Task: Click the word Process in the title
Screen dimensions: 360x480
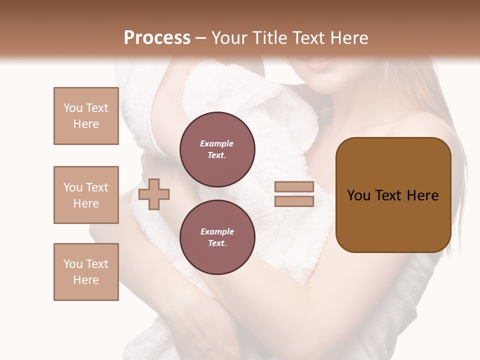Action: (157, 38)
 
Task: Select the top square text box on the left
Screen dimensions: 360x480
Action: (86, 116)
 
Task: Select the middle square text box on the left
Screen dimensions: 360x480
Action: (86, 195)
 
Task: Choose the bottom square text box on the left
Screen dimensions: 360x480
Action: (86, 272)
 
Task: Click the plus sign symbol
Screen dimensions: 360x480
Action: (154, 194)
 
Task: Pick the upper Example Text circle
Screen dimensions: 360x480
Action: (217, 149)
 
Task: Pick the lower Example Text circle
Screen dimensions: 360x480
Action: (217, 237)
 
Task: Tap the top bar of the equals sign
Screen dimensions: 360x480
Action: (294, 187)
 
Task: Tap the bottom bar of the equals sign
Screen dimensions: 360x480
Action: (294, 201)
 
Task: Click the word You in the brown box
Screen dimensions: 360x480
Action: (358, 195)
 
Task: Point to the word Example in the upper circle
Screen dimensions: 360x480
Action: (217, 143)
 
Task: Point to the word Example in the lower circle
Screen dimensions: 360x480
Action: (217, 231)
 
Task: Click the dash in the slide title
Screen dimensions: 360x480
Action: (201, 38)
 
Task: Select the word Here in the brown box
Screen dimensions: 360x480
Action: (423, 195)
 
